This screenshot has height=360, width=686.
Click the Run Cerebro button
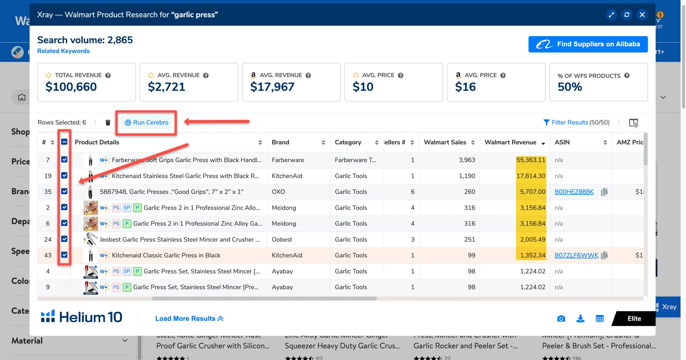(147, 123)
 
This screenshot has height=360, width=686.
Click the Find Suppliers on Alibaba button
(588, 44)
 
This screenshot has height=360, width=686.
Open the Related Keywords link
(63, 51)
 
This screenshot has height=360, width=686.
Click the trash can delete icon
(108, 123)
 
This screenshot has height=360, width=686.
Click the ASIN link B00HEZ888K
(574, 192)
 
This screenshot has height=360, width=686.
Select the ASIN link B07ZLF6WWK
(576, 256)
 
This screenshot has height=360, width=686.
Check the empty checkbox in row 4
(64, 271)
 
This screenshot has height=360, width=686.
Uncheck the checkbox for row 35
(64, 192)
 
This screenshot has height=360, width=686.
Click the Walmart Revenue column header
(510, 143)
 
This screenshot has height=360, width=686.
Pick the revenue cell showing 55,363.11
(531, 160)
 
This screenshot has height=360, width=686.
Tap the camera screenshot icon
(561, 319)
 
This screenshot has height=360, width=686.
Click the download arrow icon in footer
(580, 319)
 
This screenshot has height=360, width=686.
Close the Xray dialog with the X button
(642, 15)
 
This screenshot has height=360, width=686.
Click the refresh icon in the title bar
(627, 15)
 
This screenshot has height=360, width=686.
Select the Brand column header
(281, 143)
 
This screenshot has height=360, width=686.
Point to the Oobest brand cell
(282, 240)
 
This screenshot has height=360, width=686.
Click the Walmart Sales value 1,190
(467, 176)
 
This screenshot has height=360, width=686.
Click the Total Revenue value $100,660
(71, 87)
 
